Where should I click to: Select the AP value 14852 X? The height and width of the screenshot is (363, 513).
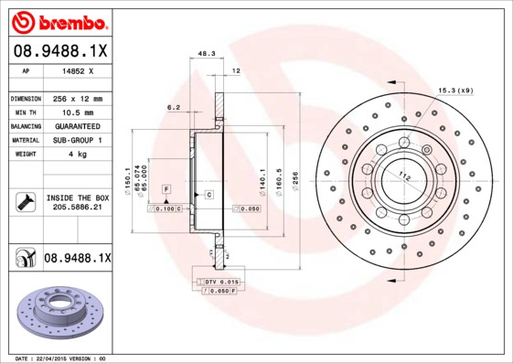point(75,69)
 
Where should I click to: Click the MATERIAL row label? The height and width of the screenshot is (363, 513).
point(24,140)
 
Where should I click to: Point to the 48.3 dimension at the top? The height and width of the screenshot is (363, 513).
point(206,54)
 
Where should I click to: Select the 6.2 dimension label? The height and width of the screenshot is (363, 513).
point(174,108)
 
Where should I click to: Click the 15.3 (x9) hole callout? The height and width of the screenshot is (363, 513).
point(454,89)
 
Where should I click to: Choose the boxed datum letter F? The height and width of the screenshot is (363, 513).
point(166,187)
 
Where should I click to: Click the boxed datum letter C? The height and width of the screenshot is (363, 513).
point(208,195)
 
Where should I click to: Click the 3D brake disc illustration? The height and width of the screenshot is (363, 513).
point(59,315)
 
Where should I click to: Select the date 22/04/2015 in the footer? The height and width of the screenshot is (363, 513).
point(58,358)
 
